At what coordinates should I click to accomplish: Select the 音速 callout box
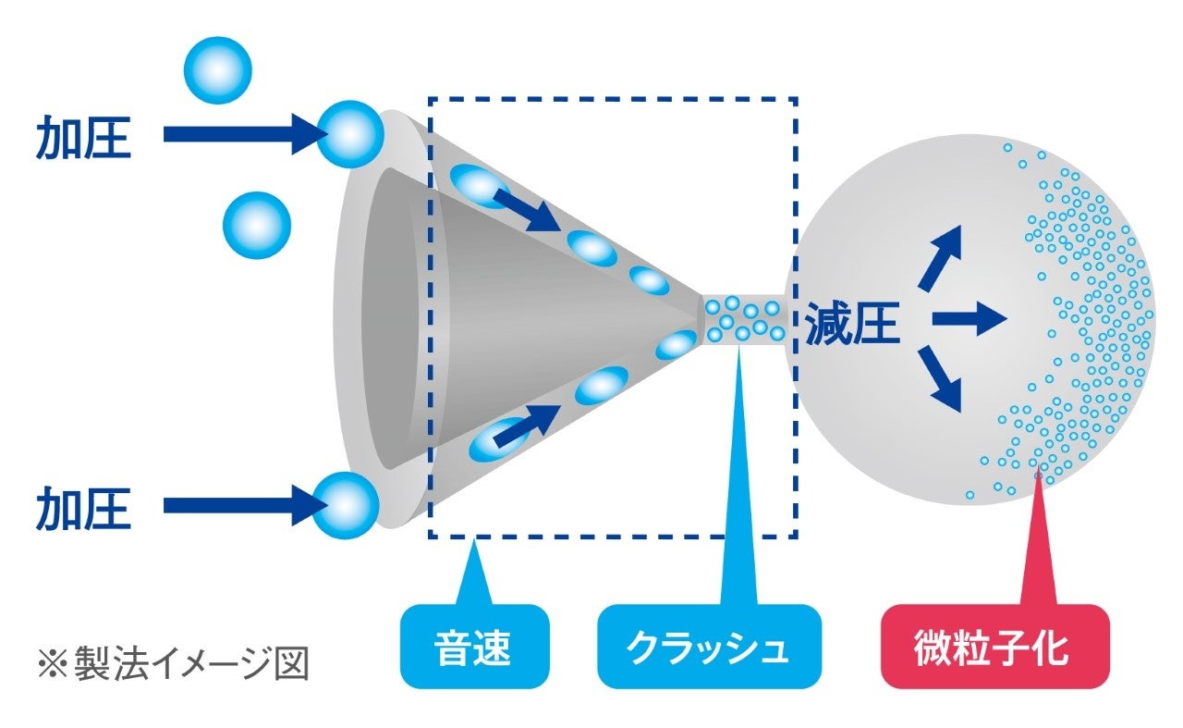coord(473,647)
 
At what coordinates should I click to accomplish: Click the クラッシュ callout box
coord(709,647)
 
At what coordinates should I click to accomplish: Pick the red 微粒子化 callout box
coord(994,647)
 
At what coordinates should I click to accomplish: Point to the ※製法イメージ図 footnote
coord(172,665)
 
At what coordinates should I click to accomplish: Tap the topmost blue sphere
coord(218,69)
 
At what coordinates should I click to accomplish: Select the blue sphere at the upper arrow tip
coord(349,135)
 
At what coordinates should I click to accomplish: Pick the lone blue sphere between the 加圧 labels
coord(257,226)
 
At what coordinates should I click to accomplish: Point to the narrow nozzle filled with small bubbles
coord(745,318)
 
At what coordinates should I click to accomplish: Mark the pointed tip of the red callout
coord(1039,475)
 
